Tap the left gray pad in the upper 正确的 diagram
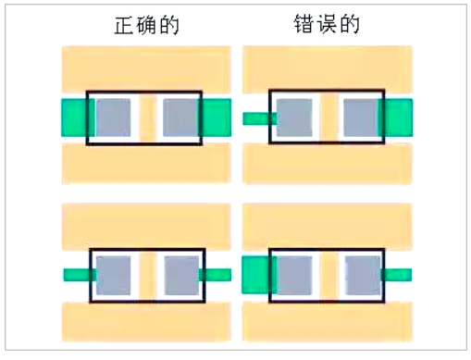pos(113,118)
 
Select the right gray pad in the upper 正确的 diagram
pos(180,118)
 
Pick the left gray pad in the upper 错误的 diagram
pos(293,118)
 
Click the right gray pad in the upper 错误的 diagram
pos(361,118)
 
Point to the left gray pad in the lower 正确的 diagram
pos(114,275)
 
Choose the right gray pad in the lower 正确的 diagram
pos(181,275)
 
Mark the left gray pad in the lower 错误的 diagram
pos(293,275)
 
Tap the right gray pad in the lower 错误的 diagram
pos(362,275)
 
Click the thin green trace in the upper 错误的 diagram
pos(255,118)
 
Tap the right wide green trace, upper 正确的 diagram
pos(217,118)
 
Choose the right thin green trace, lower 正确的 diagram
pos(216,275)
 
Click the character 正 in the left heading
pos(116,27)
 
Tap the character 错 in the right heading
pos(296,27)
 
